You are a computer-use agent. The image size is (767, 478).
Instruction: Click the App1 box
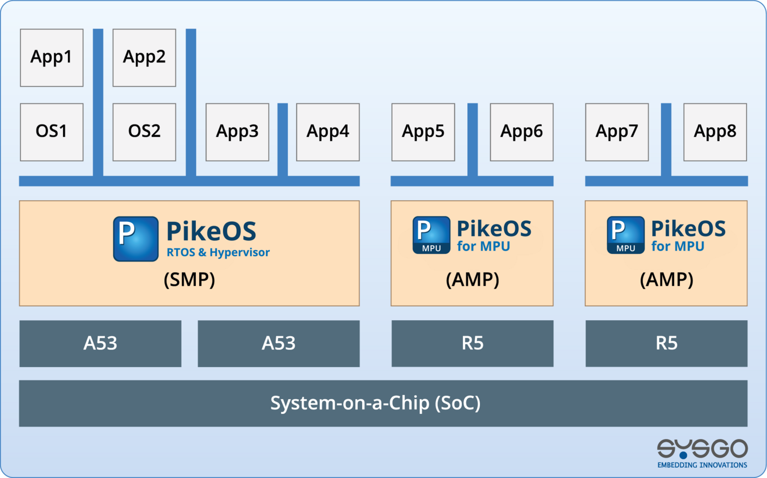coord(52,58)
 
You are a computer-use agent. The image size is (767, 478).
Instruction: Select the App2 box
coord(144,58)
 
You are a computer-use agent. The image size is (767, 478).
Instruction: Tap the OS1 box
coord(52,132)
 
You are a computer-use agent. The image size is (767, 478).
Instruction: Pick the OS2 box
coord(144,132)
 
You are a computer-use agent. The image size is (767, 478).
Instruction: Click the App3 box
coord(237,132)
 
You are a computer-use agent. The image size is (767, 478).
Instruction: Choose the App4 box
coord(327,132)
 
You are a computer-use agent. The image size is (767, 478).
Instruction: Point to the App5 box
coord(423,132)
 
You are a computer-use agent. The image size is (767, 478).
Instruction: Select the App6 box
coord(522,132)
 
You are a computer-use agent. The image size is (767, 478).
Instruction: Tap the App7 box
coord(617,132)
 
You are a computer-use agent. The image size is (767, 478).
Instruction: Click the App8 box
coord(715,132)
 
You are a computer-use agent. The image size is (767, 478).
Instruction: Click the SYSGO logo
coord(702,449)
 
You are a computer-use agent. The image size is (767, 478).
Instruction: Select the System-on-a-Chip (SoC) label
coord(375,403)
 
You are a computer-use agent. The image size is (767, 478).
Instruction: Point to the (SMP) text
coord(189,280)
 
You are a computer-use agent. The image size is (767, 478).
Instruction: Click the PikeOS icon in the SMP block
coord(136,239)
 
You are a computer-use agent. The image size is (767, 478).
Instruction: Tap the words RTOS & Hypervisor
coord(218,252)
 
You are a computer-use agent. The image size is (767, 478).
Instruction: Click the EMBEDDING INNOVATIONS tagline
coord(702,465)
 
